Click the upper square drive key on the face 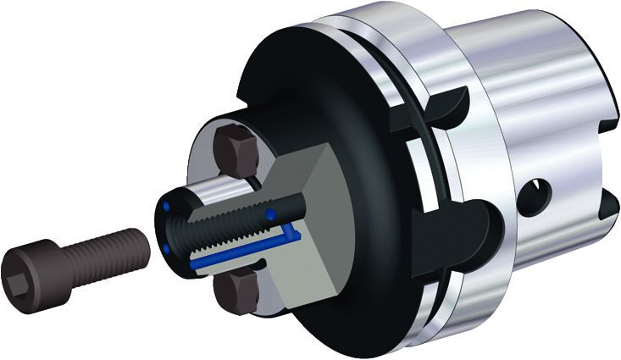tap(238, 149)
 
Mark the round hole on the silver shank tap(538, 187)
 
